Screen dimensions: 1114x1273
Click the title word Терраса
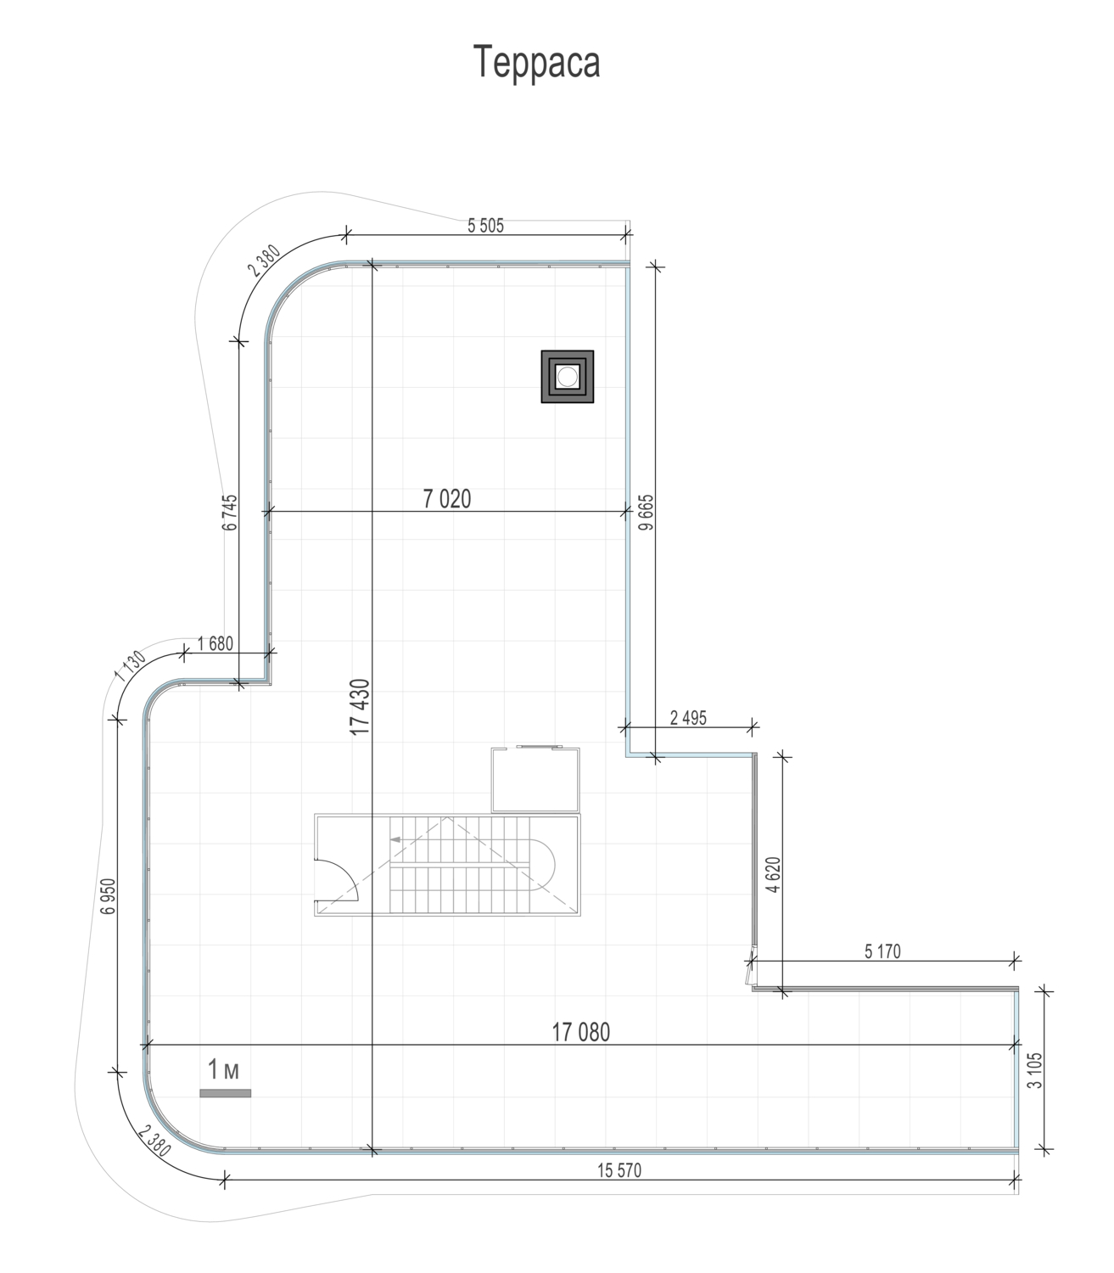coord(536,62)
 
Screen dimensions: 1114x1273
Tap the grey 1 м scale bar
coord(225,1093)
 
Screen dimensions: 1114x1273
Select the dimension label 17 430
coord(360,707)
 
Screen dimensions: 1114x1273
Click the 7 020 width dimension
coord(446,499)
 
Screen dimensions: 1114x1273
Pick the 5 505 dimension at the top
coord(486,225)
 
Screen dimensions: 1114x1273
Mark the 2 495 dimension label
coord(689,718)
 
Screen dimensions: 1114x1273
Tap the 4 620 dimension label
coord(773,875)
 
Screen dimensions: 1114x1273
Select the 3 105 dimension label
coord(1034,1070)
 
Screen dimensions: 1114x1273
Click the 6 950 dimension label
coord(109,896)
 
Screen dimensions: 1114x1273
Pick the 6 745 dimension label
coord(230,513)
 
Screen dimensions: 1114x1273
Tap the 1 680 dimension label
coord(216,643)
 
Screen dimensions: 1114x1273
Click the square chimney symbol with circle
coord(568,377)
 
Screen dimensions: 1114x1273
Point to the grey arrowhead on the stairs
coord(395,839)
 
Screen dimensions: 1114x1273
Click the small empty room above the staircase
coord(535,780)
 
